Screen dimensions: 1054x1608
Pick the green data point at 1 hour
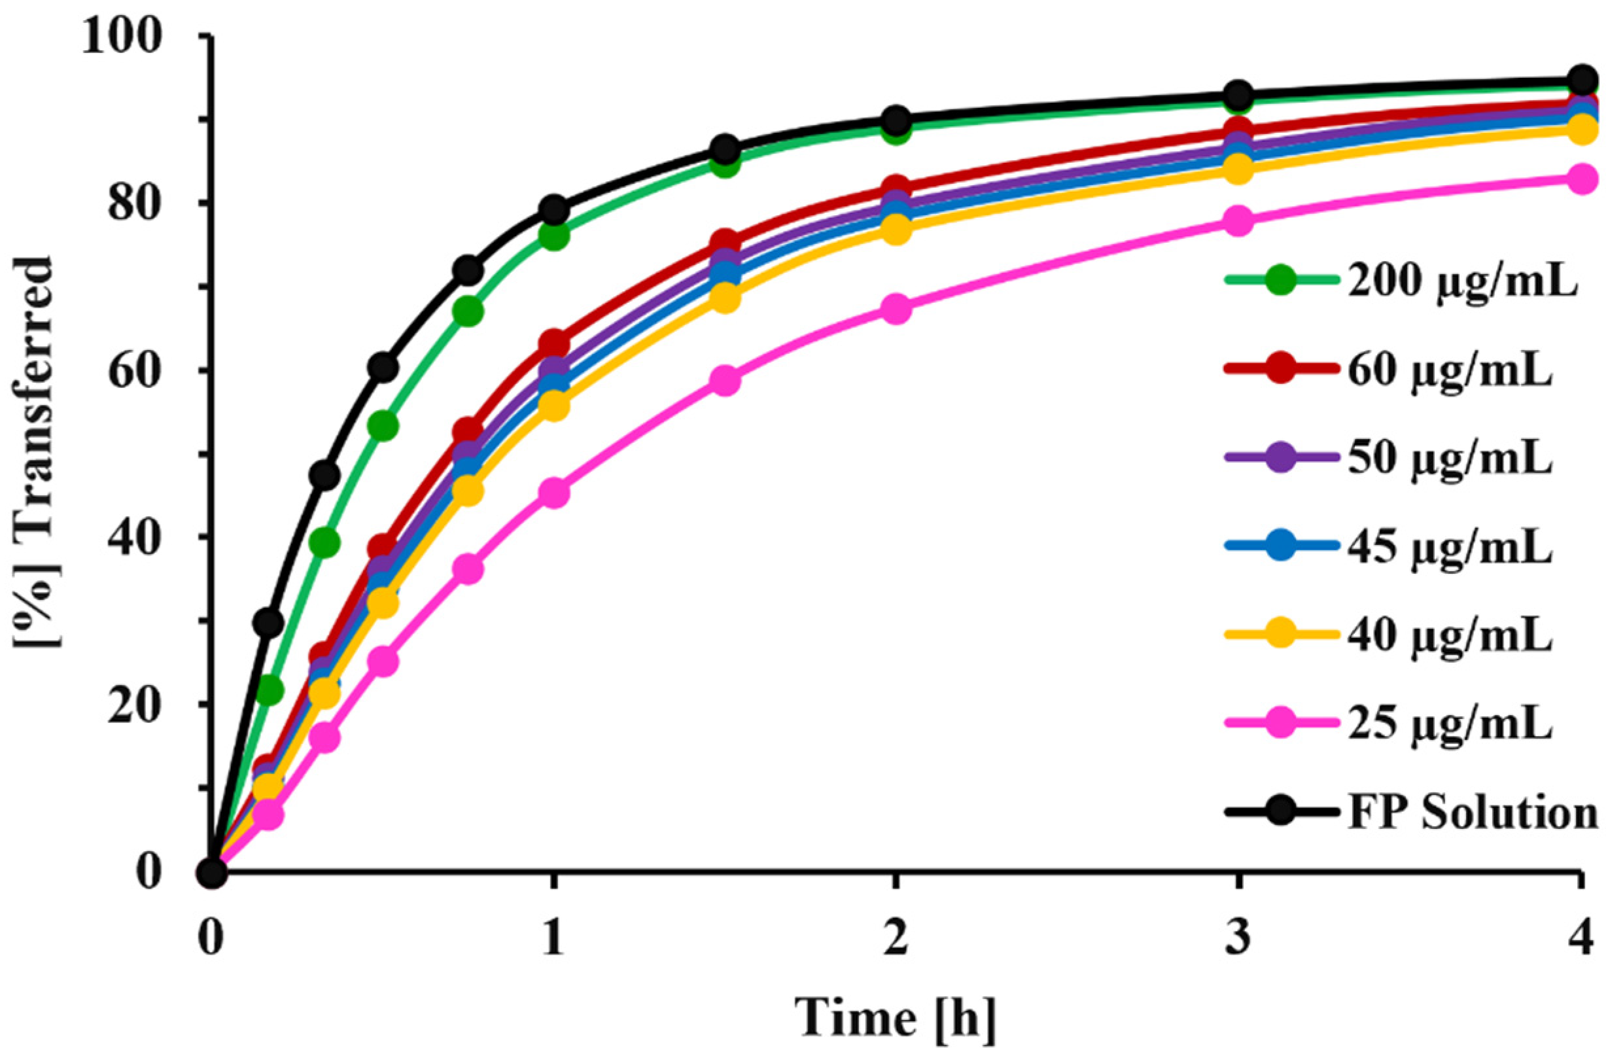click(x=553, y=236)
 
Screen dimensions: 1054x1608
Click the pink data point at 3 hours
click(x=1238, y=221)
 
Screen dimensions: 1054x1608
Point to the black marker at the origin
click(x=212, y=873)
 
